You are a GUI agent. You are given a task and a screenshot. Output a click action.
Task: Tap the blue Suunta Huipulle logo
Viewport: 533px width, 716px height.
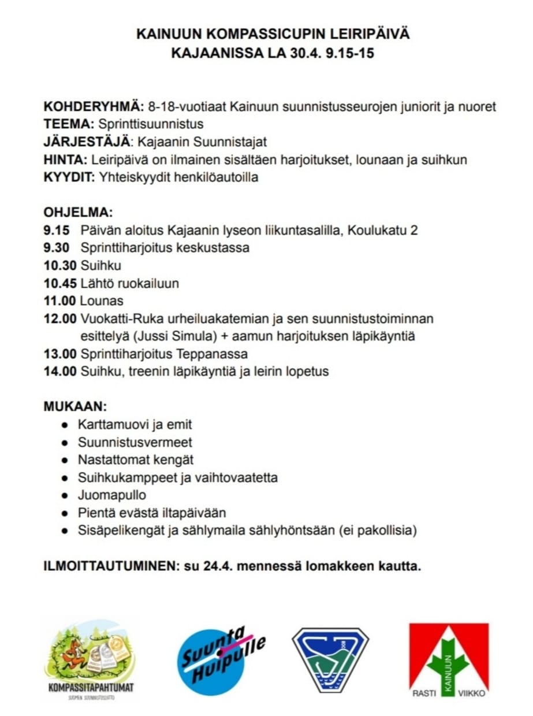click(x=222, y=659)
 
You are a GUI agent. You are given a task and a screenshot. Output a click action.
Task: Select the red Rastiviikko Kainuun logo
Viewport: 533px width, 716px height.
click(x=449, y=660)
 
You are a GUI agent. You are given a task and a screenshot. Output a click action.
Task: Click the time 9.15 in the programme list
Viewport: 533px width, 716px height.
click(x=56, y=231)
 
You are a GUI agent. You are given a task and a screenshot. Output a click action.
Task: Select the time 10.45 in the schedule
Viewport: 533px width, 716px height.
click(x=59, y=283)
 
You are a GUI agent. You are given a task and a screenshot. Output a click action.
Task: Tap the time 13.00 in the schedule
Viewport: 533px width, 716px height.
click(x=59, y=354)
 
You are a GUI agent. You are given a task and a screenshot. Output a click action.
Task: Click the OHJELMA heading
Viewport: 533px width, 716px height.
click(x=78, y=212)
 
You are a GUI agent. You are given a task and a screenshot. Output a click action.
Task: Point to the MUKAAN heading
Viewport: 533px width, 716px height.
click(x=75, y=406)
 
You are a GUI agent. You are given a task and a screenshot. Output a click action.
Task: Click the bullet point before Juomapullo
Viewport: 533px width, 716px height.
click(x=65, y=496)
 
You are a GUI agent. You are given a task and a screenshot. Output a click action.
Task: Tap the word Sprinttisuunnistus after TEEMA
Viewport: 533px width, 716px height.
click(x=151, y=124)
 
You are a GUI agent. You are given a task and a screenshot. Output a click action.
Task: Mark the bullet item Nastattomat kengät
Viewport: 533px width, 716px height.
click(x=136, y=460)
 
